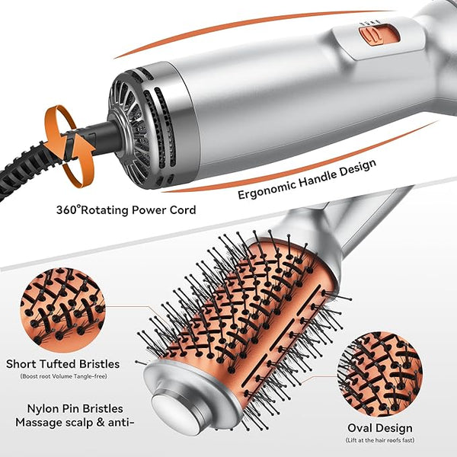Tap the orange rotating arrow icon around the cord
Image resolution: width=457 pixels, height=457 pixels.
(x=70, y=145)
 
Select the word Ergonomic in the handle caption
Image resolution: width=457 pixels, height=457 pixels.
(x=267, y=187)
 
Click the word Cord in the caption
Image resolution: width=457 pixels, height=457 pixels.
(x=183, y=210)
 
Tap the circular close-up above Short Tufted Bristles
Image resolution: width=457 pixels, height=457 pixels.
(x=62, y=310)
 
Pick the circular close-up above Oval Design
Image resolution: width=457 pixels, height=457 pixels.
(x=380, y=374)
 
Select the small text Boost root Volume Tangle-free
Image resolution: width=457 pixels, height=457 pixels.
(x=63, y=376)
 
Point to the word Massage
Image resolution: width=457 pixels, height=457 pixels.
(x=39, y=422)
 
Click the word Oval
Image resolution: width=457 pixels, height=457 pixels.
(x=360, y=428)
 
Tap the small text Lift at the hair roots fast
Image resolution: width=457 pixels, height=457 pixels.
(x=380, y=440)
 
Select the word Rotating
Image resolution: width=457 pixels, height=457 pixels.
(x=105, y=210)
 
